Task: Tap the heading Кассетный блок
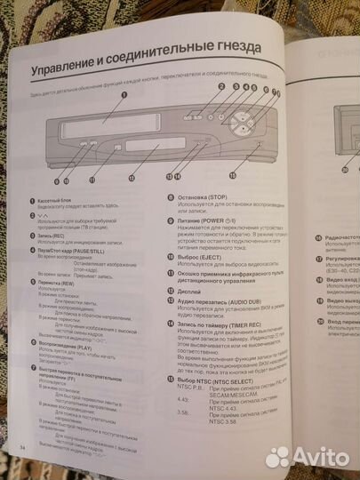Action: pos(60,204)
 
